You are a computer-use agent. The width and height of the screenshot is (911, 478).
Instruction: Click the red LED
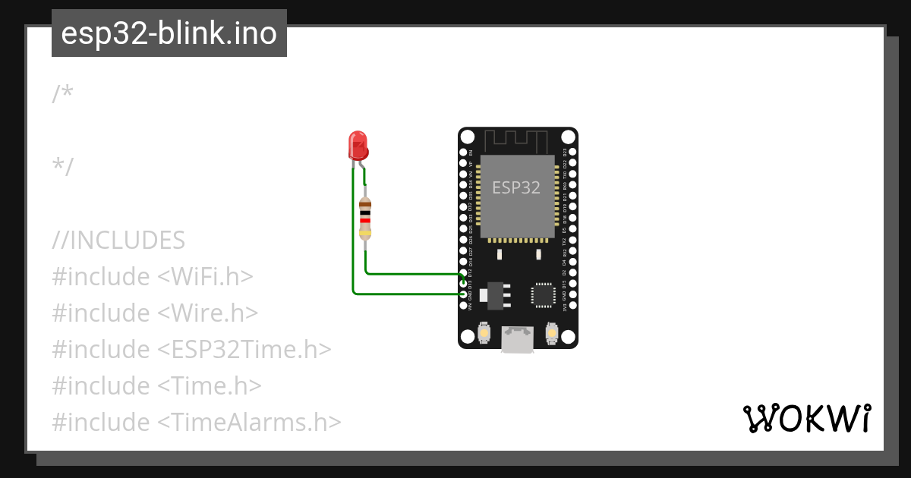(x=358, y=145)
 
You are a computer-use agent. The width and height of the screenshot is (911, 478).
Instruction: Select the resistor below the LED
(x=365, y=219)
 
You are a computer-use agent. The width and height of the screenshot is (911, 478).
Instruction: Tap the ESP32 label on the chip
(x=516, y=187)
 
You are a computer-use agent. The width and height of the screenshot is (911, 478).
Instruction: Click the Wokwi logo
(x=806, y=418)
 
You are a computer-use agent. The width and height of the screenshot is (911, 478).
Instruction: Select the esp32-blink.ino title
(x=169, y=33)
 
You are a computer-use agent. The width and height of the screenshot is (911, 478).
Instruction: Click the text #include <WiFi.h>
(x=152, y=276)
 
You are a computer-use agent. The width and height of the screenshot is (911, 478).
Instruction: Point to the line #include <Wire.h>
(x=155, y=313)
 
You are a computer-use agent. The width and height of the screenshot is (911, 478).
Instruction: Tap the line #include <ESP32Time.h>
(x=191, y=349)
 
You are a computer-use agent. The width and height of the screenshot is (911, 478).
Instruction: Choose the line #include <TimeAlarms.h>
(x=196, y=422)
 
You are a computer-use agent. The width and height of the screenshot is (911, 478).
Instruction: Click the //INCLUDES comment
(x=118, y=240)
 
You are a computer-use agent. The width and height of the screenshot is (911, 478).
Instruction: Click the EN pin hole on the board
(x=464, y=153)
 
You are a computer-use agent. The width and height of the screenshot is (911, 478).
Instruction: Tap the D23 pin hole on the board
(x=571, y=153)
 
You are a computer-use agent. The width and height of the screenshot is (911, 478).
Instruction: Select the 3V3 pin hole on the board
(x=571, y=306)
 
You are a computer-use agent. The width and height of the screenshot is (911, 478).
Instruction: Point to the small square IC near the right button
(x=544, y=294)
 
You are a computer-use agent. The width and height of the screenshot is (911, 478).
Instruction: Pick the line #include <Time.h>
(x=156, y=385)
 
